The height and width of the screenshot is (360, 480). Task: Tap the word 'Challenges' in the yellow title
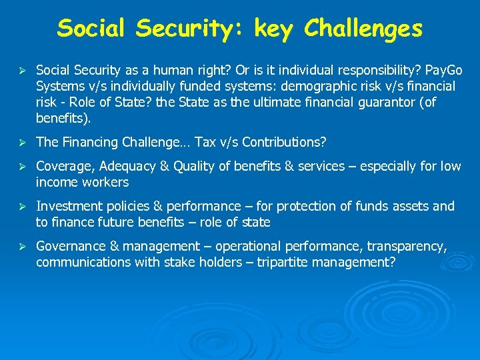(x=363, y=29)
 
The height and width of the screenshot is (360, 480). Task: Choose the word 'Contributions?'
(x=285, y=142)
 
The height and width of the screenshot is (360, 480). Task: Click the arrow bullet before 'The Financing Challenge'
(x=23, y=143)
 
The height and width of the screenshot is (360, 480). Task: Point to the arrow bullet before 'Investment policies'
(x=23, y=207)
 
